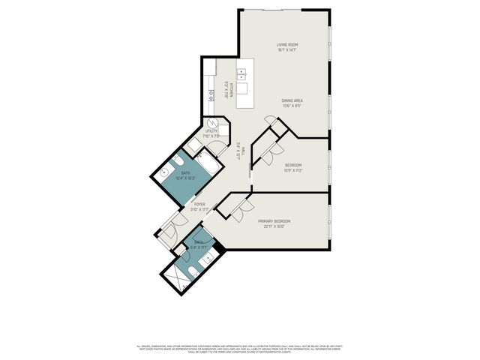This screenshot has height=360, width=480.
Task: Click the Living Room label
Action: coord(287,45)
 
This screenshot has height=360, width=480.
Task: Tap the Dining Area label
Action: coord(292,100)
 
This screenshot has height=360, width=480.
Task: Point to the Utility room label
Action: coord(211,131)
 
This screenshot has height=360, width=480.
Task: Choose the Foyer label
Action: coord(199,204)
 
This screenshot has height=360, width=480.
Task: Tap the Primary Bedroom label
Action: coord(274,220)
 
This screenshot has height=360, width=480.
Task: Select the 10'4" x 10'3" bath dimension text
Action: coord(184,178)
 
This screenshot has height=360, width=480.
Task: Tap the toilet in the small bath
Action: coord(193,271)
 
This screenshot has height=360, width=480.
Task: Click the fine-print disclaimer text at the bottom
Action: coord(240,349)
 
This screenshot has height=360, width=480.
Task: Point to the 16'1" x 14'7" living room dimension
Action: coord(287,50)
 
